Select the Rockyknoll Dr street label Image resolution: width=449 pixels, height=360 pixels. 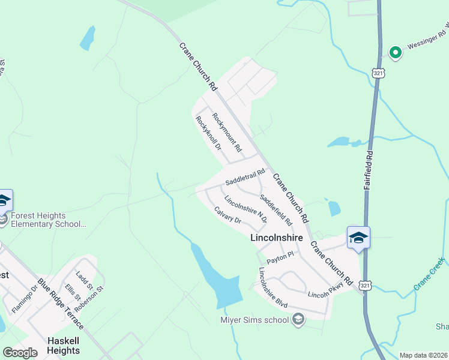coord(208,133)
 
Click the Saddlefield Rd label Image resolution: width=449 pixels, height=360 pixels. coord(276,209)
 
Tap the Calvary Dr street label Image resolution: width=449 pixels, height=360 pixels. coord(228,215)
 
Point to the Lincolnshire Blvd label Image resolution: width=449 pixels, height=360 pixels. coord(273,287)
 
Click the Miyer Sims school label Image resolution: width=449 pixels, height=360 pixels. coord(255,319)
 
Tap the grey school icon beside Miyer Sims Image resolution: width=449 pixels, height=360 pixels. coord(298,319)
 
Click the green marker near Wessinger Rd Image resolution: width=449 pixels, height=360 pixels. coord(395,53)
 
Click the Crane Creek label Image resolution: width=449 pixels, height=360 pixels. coord(429,275)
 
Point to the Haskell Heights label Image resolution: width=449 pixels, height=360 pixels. coord(64,346)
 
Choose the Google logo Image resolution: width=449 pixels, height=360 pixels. coord(20,353)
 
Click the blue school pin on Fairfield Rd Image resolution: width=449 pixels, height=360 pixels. coord(358,238)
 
